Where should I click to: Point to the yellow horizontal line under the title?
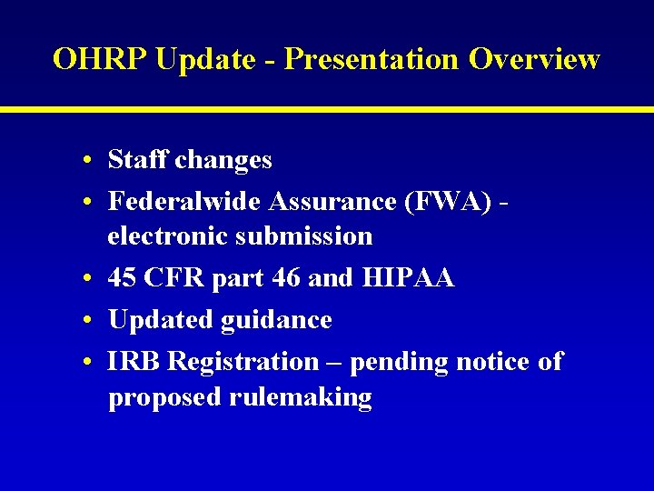pyautogui.click(x=327, y=109)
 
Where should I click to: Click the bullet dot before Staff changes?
pyautogui.click(x=84, y=162)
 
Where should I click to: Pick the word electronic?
pyautogui.click(x=167, y=236)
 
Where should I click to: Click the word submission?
pyautogui.click(x=303, y=236)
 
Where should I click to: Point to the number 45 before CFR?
pyautogui.click(x=123, y=278)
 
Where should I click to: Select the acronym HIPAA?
pyautogui.click(x=409, y=278)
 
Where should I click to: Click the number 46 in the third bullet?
pyautogui.click(x=285, y=278)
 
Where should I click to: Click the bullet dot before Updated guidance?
pyautogui.click(x=84, y=321)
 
